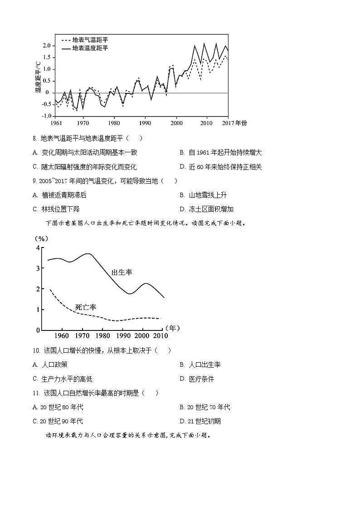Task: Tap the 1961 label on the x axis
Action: tap(57, 123)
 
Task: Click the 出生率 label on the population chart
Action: tap(122, 272)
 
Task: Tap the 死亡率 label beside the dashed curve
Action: tap(85, 307)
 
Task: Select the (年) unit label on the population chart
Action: tap(173, 328)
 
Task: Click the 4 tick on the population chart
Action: tap(38, 247)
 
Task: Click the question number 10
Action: tap(36, 350)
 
